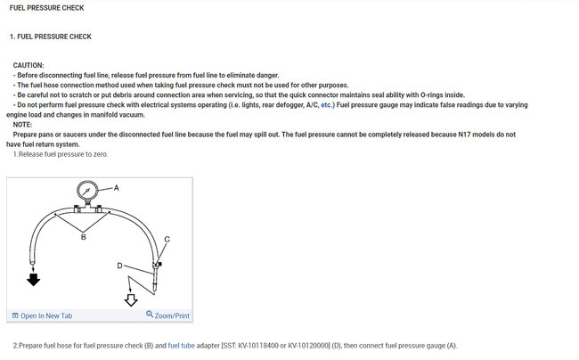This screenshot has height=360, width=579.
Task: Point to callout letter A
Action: pos(116,188)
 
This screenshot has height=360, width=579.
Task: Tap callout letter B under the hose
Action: pos(84,238)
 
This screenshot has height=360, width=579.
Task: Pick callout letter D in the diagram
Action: pos(119,266)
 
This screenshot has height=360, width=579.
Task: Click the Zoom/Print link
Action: pos(172,316)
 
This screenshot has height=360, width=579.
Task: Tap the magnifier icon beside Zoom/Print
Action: pos(150,315)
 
